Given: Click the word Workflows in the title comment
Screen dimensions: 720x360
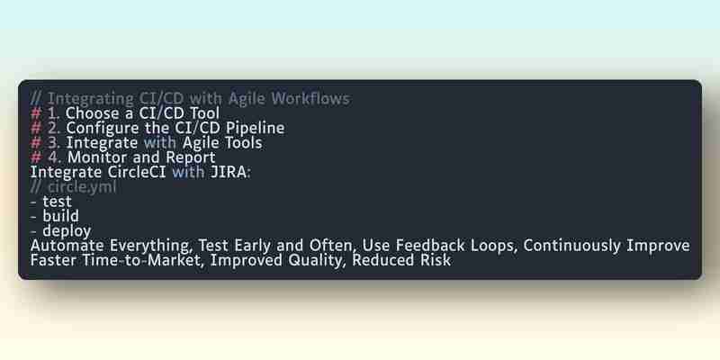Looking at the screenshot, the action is click(x=310, y=99).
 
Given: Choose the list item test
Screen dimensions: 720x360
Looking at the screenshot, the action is click(x=57, y=202).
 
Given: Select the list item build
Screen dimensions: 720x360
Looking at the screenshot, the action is click(x=60, y=216).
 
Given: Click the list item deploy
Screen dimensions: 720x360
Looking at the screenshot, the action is click(x=67, y=231).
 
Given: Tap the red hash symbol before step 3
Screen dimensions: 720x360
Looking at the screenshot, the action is click(x=36, y=143).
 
